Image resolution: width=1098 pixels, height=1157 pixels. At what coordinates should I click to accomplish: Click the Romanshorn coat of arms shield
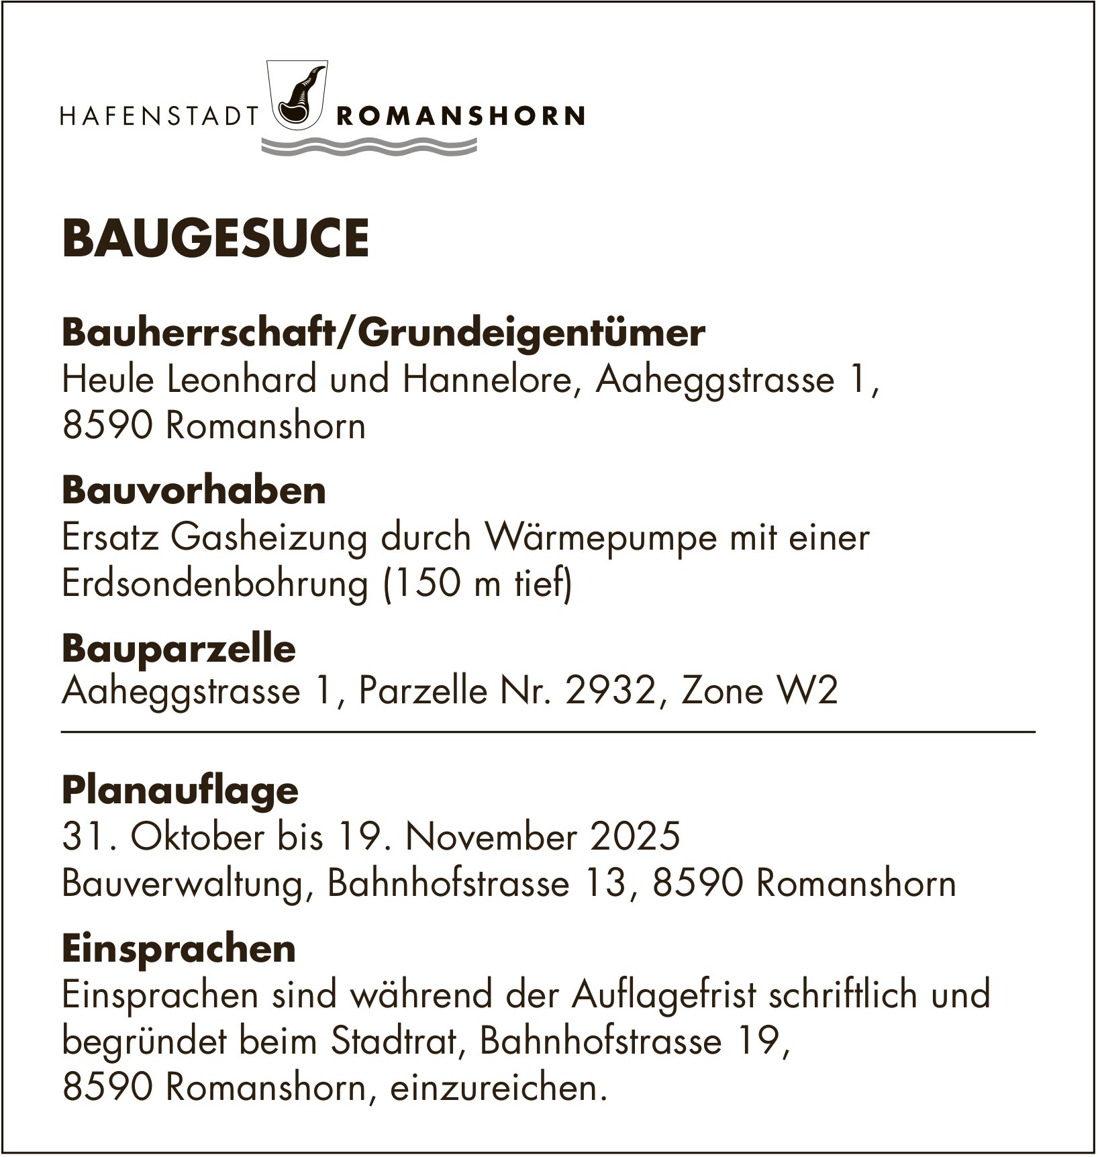tap(296, 95)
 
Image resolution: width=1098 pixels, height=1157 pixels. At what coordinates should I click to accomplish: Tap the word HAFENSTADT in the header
tap(160, 117)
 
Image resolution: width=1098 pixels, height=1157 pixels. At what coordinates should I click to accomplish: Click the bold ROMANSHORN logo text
tap(459, 117)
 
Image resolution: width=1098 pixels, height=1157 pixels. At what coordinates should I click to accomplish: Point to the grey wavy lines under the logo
tap(368, 147)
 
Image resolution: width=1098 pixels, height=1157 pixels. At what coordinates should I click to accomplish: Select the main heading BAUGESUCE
tap(215, 239)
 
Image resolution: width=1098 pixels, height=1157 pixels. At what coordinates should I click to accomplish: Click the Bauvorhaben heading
tap(194, 491)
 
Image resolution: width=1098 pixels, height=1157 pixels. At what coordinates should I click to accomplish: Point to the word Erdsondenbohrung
tap(215, 585)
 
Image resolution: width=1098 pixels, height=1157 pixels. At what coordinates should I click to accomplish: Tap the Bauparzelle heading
tap(179, 649)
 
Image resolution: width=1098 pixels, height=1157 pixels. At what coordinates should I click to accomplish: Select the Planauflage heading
tap(180, 791)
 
